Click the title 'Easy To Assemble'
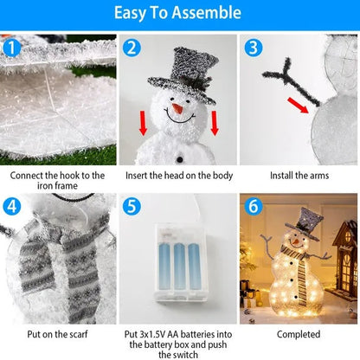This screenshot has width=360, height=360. click(180, 14)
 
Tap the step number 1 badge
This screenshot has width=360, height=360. click(10, 46)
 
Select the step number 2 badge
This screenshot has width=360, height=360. click(132, 47)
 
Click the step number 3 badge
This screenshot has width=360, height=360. click(252, 47)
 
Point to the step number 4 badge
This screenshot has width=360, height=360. click(10, 206)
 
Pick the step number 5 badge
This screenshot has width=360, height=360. click(132, 206)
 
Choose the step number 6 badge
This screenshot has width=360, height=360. click(252, 206)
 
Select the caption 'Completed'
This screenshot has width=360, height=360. click(299, 333)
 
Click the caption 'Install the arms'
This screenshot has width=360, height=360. click(299, 174)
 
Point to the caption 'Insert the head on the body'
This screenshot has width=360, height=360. click(179, 174)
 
